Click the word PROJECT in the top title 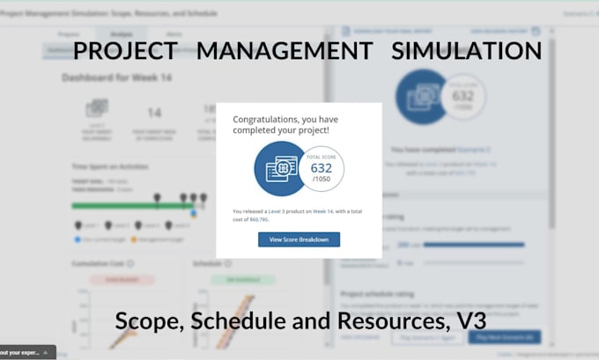point(126,50)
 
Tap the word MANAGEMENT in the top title point(285,50)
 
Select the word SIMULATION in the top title point(467,50)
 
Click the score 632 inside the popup point(321,167)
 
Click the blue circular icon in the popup point(279,168)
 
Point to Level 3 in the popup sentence point(280,211)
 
